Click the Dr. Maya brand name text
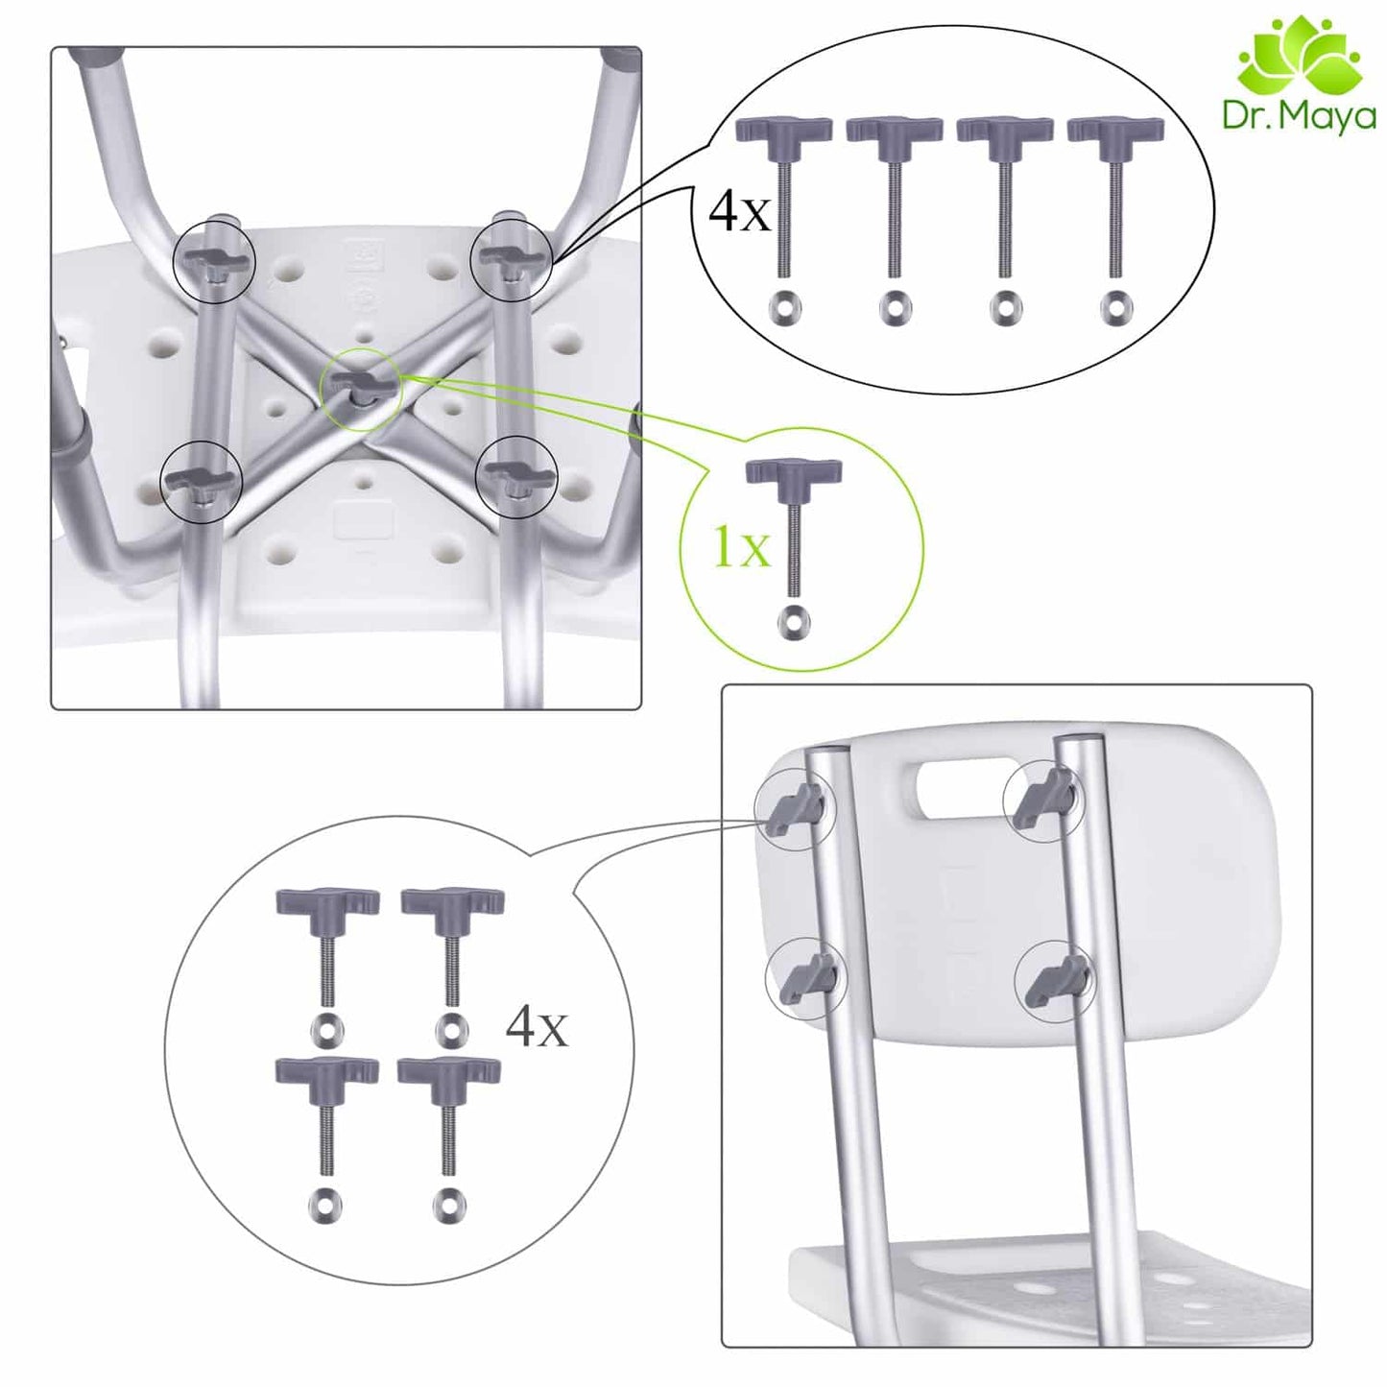1300,116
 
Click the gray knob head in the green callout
793,474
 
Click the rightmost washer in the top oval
1115,306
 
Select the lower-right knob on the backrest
1055,978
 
